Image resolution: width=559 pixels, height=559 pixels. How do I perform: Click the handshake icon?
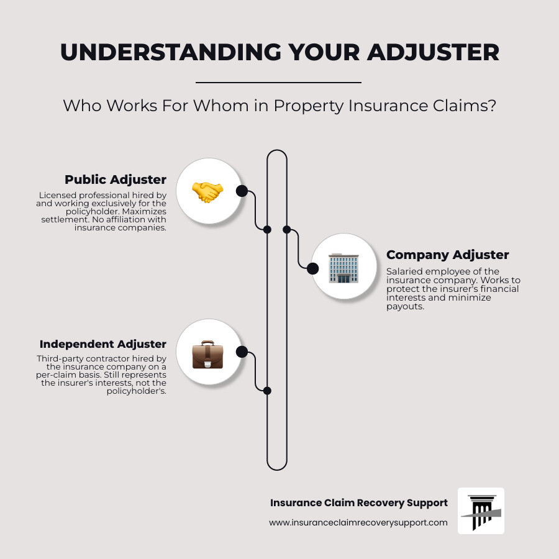point(207,191)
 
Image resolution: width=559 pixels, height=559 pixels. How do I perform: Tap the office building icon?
point(344,268)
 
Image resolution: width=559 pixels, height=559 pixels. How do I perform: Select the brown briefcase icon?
point(207,354)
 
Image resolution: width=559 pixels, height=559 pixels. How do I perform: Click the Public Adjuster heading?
point(116,180)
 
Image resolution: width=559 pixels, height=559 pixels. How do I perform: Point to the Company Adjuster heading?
point(447,255)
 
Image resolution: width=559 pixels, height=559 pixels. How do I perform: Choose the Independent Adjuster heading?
point(103,343)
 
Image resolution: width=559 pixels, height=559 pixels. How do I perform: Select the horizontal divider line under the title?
point(278,82)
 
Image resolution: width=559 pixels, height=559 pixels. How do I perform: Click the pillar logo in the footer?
point(481,511)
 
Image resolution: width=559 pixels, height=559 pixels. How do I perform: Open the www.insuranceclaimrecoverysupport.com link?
point(358,522)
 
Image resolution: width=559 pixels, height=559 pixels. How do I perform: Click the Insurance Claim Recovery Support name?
point(358,502)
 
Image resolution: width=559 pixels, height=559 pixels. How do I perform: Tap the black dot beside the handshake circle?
point(242,191)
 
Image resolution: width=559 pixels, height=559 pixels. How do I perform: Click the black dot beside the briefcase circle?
point(242,352)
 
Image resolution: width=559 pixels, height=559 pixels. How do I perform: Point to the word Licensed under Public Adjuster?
point(56,195)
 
